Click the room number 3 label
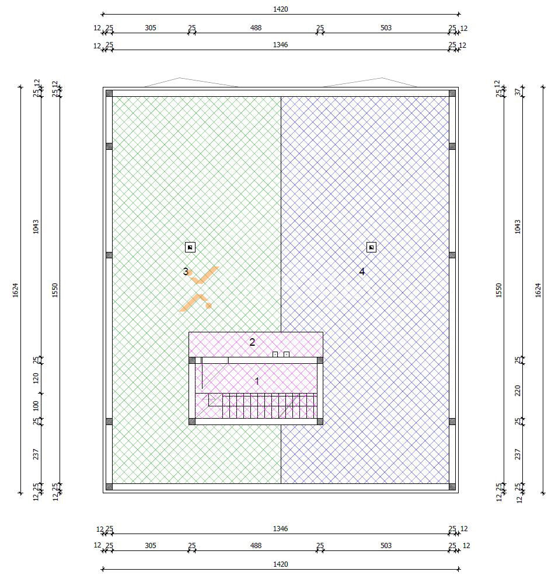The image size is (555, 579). point(186,271)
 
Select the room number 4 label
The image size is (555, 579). point(362,271)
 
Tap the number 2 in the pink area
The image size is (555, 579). point(252,342)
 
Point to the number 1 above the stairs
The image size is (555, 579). point(257,381)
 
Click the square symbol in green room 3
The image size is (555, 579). point(190,247)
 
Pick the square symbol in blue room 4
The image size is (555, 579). point(371,247)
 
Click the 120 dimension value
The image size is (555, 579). point(36,378)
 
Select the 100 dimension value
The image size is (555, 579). point(36,406)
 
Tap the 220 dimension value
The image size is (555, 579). point(517,390)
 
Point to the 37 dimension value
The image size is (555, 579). point(517,91)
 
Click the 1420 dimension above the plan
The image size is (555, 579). point(281,9)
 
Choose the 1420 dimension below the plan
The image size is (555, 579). point(281,564)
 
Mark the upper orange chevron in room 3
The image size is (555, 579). point(203,275)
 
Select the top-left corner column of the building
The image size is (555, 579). point(109,93)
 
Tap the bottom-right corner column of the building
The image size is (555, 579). point(452,487)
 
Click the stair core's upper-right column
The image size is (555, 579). point(320,360)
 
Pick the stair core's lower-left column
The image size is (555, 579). point(192,422)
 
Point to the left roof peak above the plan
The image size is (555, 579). point(180,78)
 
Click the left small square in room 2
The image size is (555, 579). point(275,355)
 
